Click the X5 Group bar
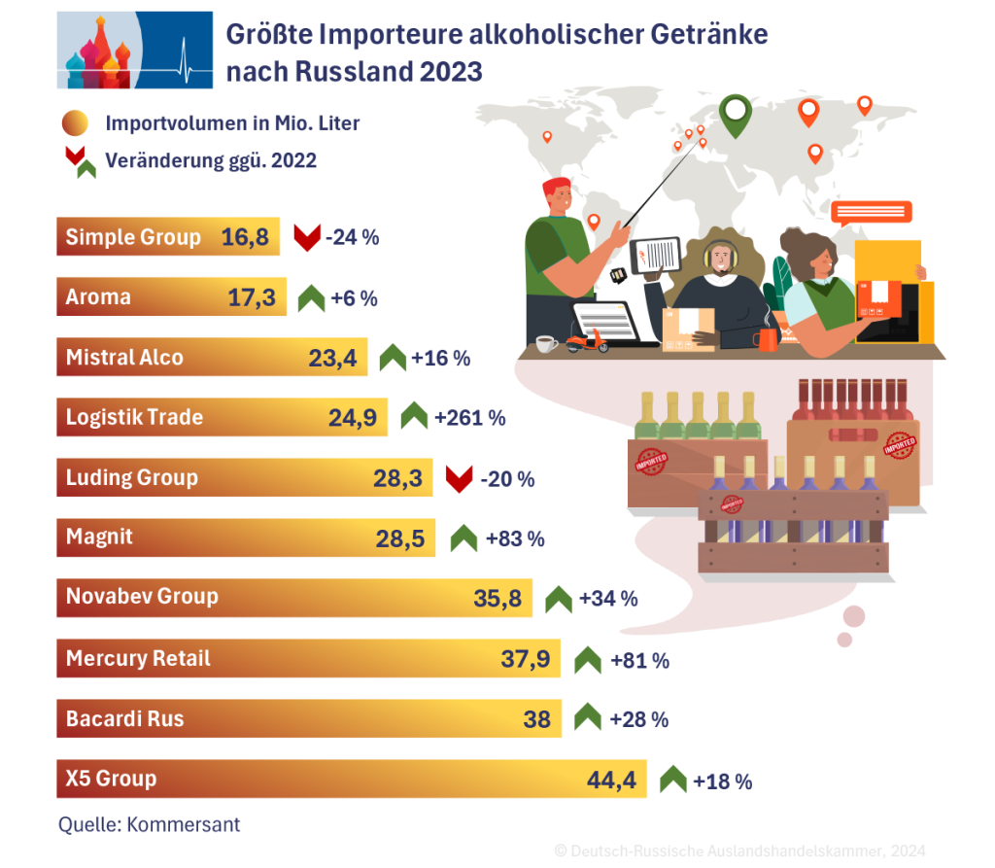coord(350,779)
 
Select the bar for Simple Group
coord(167,237)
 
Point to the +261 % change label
coord(470,418)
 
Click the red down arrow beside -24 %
coord(307,237)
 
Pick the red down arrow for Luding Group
coord(459,478)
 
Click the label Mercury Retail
coord(138,659)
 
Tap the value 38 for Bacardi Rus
coord(536,719)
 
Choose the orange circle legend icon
coord(75,123)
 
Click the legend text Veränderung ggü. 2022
coord(211,160)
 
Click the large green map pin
coord(739,114)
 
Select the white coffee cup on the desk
coord(546,343)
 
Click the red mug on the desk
coord(766,339)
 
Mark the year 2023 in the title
coord(450,72)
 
